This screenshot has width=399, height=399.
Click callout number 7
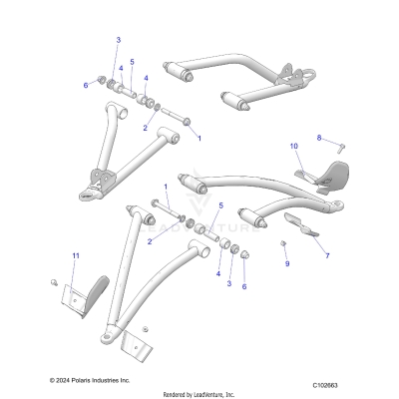(x=325, y=255)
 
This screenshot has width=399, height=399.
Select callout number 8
(x=319, y=137)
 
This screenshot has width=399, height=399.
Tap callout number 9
(x=285, y=263)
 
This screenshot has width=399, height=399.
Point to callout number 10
(x=294, y=147)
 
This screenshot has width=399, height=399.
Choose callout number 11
(x=74, y=256)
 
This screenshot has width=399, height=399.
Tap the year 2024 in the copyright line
(x=71, y=380)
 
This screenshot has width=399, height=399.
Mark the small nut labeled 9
(x=284, y=244)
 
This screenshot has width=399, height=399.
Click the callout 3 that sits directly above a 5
(x=118, y=39)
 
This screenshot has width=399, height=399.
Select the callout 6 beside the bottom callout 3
(x=243, y=285)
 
